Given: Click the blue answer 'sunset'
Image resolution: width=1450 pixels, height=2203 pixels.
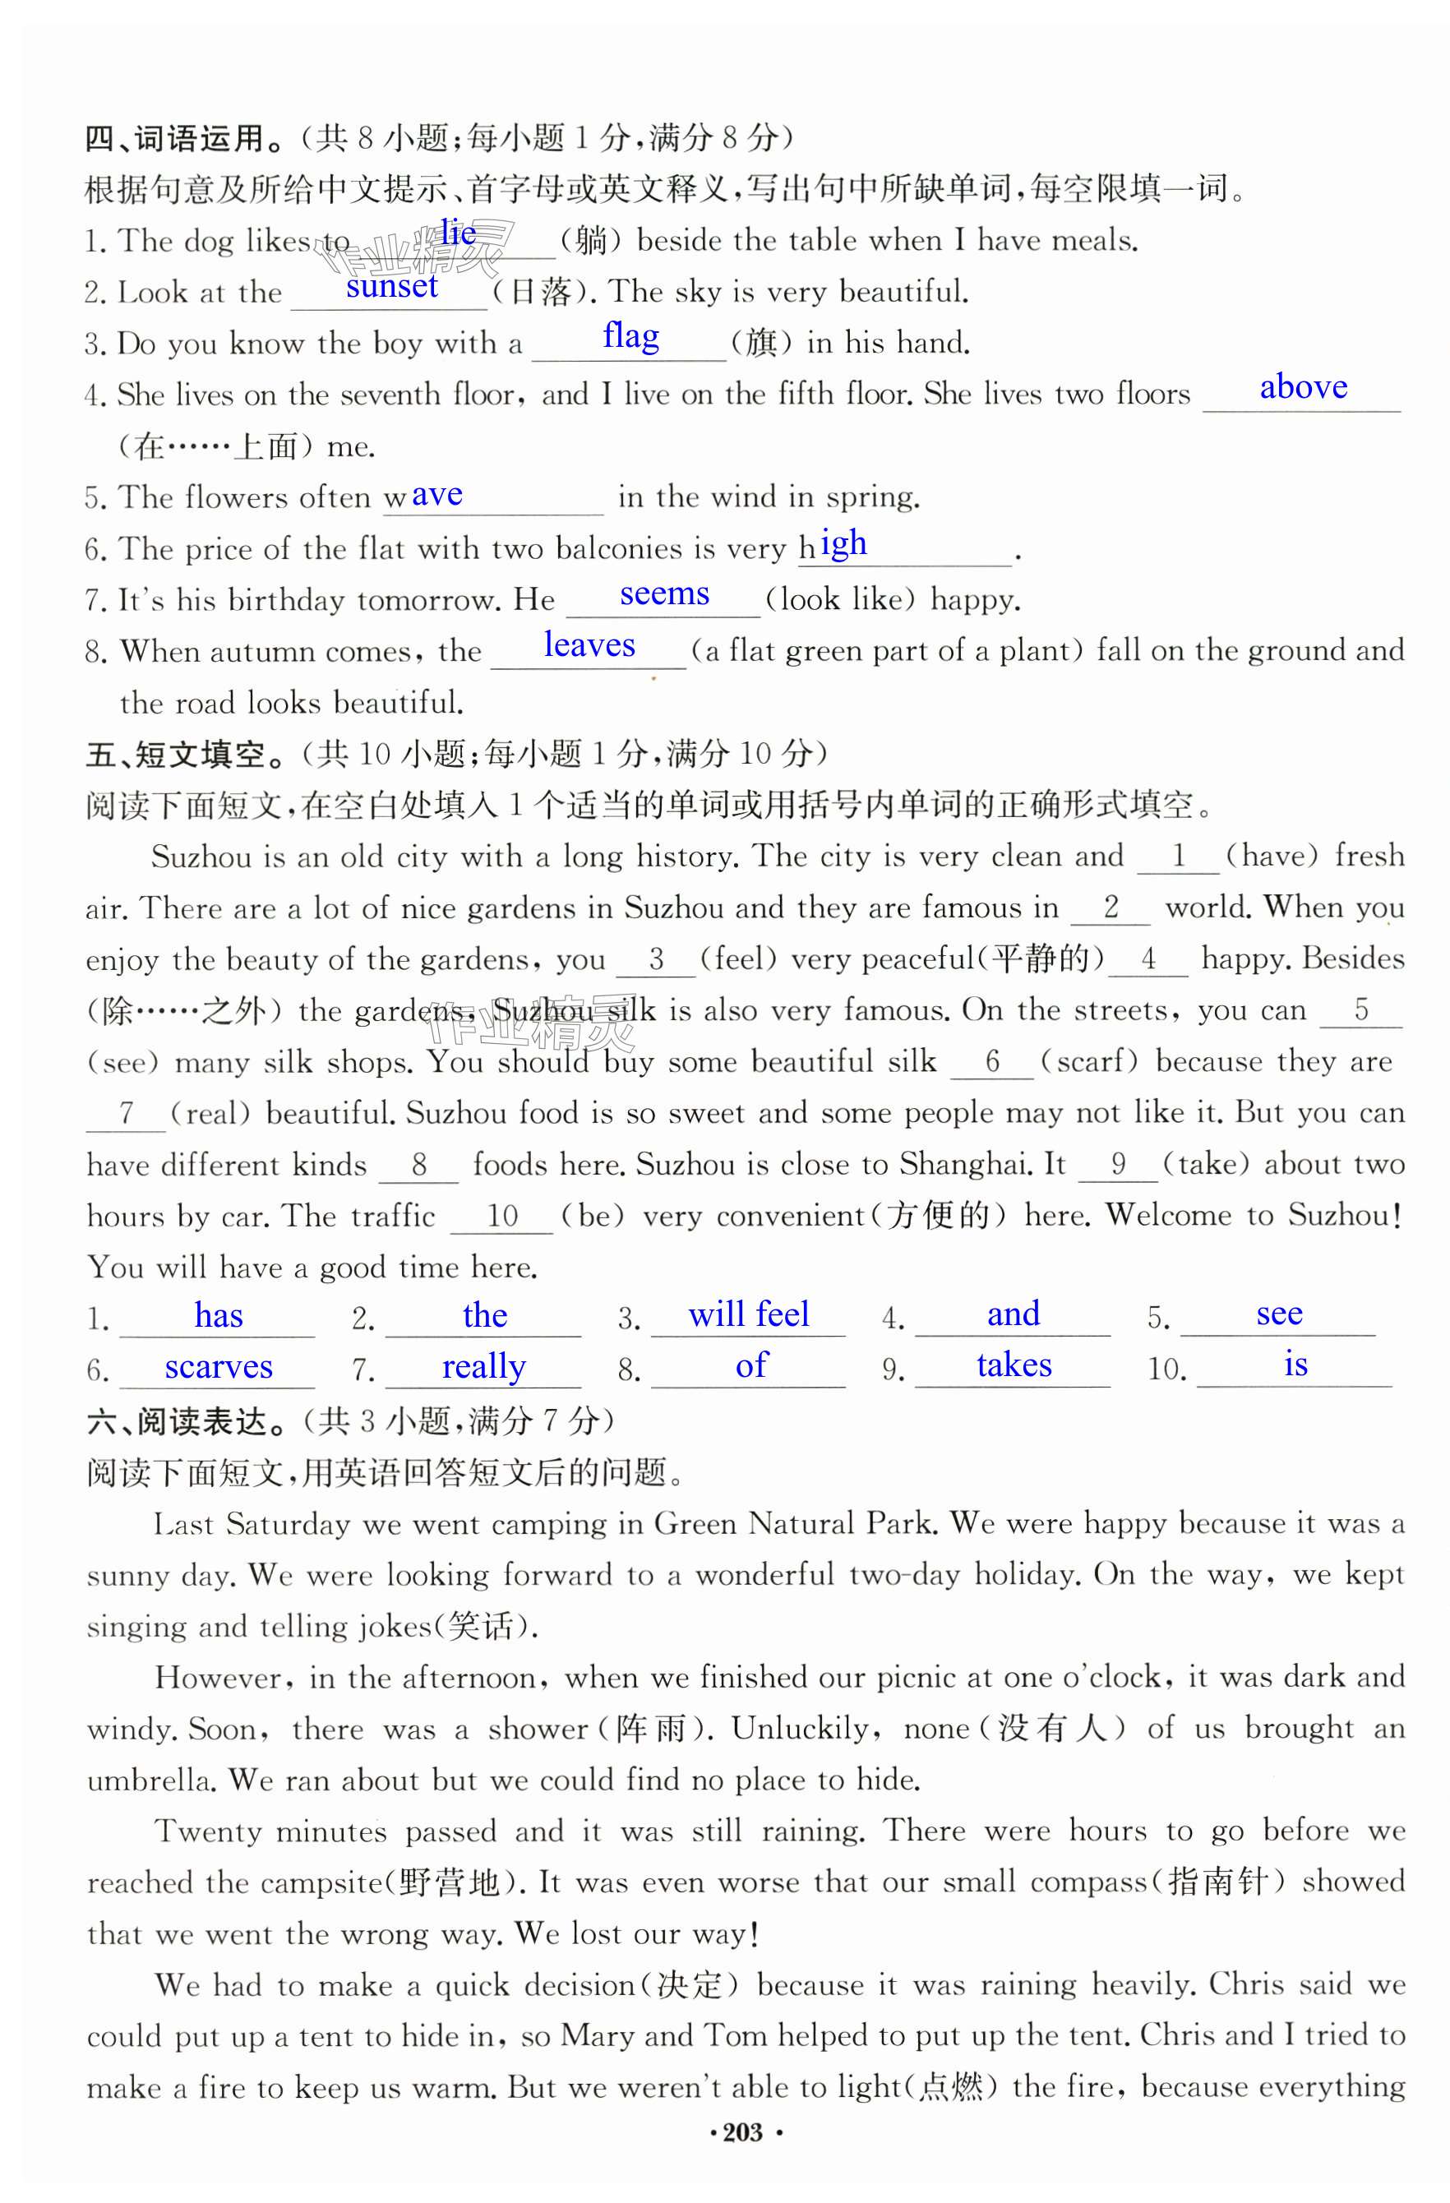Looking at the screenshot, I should pyautogui.click(x=391, y=287).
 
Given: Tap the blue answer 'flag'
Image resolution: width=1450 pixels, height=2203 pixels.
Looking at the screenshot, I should pyautogui.click(x=631, y=336).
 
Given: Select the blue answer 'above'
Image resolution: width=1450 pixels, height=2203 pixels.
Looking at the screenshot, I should pyautogui.click(x=1303, y=387).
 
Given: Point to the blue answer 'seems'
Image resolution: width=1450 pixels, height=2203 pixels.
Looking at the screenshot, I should pyautogui.click(x=664, y=593).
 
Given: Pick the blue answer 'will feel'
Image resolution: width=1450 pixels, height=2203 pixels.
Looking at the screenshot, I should pyautogui.click(x=749, y=1314).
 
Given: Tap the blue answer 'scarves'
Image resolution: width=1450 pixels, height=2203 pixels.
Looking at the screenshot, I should pyautogui.click(x=219, y=1367).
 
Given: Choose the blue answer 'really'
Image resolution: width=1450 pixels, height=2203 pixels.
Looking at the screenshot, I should pyautogui.click(x=483, y=1367).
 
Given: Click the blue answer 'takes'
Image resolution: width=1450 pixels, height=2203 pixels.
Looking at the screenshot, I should pyautogui.click(x=1014, y=1365).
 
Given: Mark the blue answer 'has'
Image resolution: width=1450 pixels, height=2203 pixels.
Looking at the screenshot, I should pyautogui.click(x=219, y=1315).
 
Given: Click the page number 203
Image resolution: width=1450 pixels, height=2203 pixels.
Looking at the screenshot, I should pyautogui.click(x=743, y=2132).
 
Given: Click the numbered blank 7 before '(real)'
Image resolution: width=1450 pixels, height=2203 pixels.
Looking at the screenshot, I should pyautogui.click(x=127, y=1113).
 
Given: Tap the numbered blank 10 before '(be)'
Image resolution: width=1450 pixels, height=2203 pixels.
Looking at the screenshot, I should pyautogui.click(x=501, y=1216).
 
